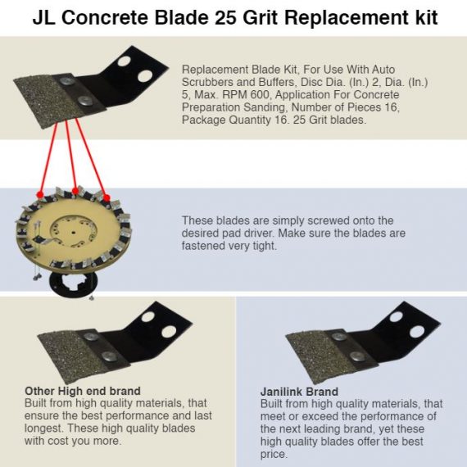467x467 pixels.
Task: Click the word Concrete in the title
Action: tap(105, 17)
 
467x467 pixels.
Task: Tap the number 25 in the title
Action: tap(224, 17)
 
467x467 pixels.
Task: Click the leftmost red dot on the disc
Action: tap(40, 195)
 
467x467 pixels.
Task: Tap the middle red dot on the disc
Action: tap(75, 191)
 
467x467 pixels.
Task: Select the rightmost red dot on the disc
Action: tap(107, 197)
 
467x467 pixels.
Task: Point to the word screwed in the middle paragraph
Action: tap(328, 220)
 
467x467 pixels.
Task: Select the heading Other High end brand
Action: tap(83, 391)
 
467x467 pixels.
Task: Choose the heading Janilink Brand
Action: tap(299, 392)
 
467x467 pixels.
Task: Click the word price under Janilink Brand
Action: tap(274, 455)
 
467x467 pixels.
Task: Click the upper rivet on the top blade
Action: tap(67, 80)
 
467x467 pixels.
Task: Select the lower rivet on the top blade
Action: tap(85, 102)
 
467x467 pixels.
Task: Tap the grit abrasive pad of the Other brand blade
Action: tap(71, 355)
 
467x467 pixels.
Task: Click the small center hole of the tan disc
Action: tap(72, 232)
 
